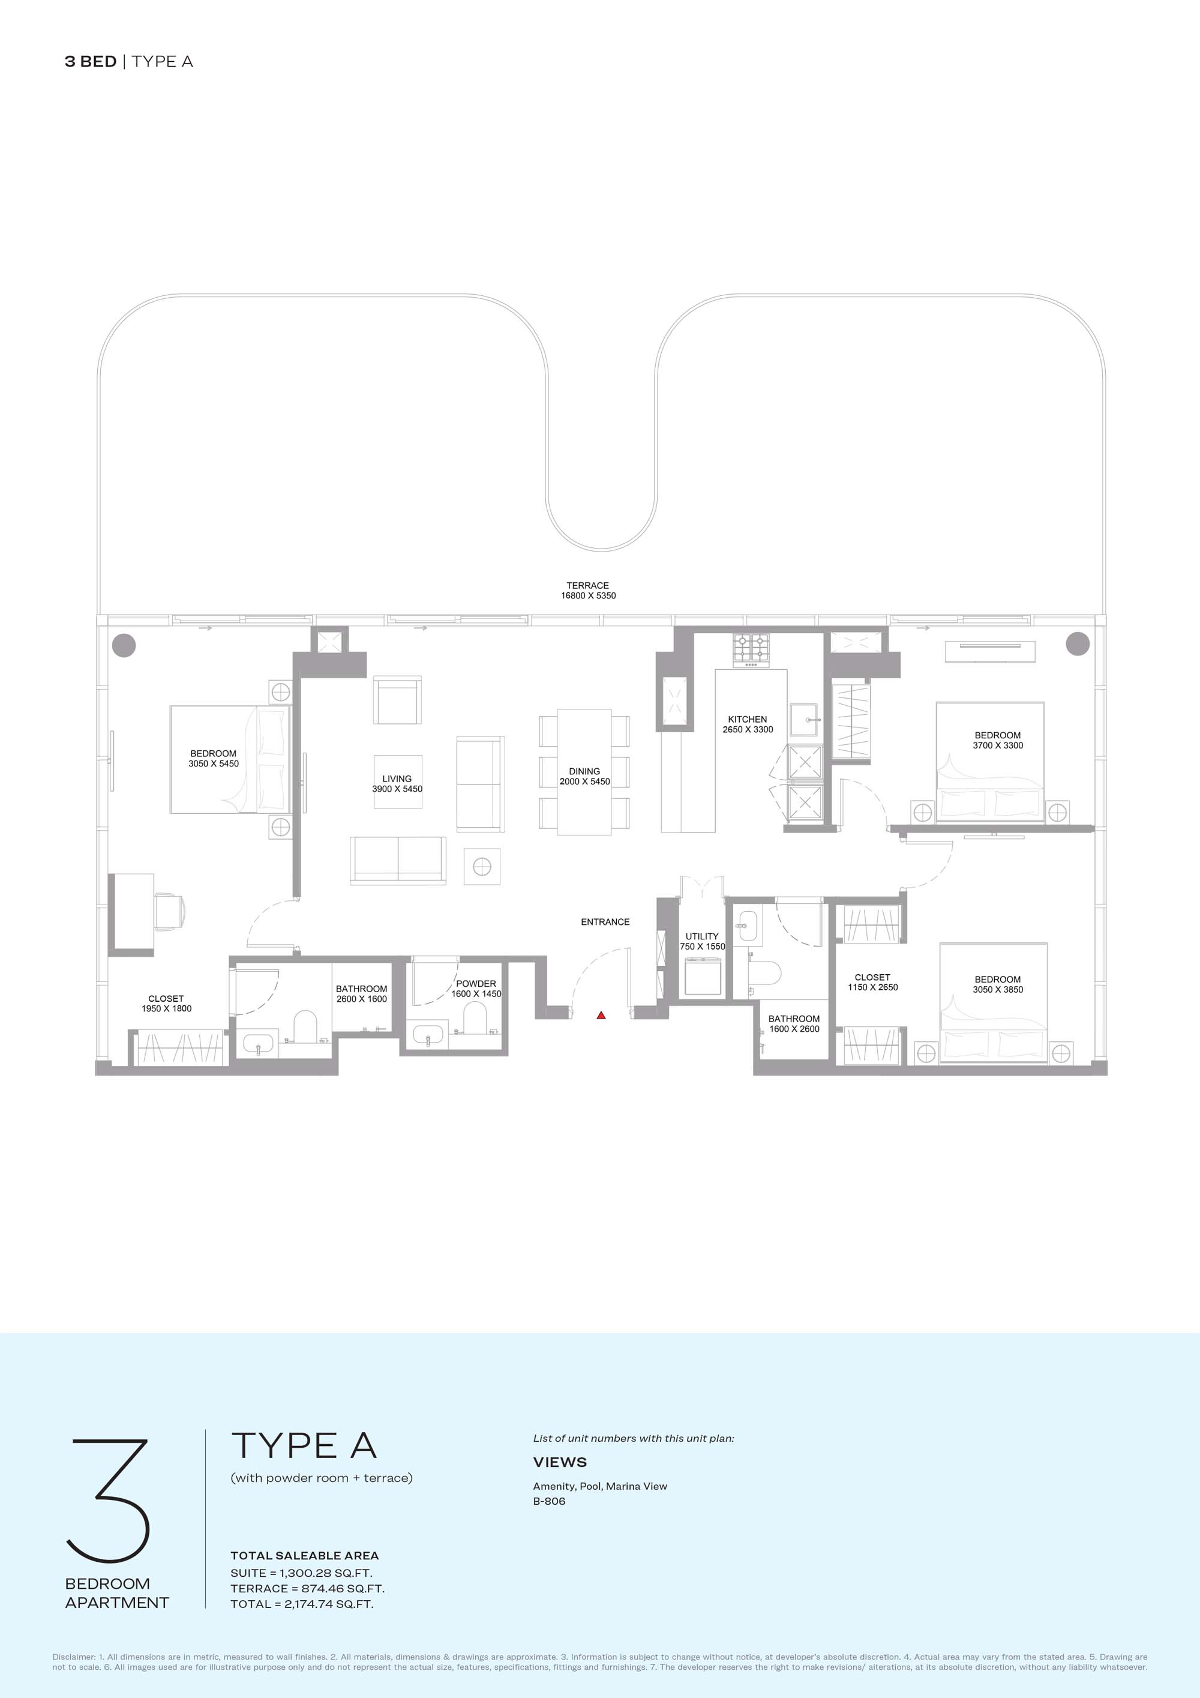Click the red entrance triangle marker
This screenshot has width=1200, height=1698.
tap(601, 1016)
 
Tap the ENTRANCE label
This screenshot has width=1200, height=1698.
tap(605, 921)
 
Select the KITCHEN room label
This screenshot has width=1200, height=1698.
tap(748, 719)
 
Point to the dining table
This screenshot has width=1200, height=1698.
tap(584, 772)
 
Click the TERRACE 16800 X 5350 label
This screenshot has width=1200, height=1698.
tap(588, 590)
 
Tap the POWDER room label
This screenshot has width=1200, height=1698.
tap(476, 984)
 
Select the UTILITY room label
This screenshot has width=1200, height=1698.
tap(701, 936)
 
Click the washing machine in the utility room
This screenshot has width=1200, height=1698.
tap(703, 976)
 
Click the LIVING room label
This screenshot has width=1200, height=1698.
tap(397, 778)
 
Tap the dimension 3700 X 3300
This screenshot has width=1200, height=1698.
tap(998, 745)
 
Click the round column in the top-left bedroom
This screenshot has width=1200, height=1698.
tap(124, 644)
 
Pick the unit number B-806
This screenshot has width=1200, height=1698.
tap(550, 1501)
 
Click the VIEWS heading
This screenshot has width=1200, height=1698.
tap(560, 1462)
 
